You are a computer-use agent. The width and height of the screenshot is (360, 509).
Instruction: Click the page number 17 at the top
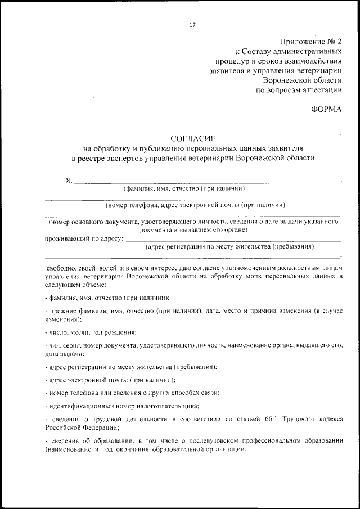[x=192, y=25]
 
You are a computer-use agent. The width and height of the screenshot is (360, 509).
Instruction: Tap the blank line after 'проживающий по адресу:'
[x=233, y=240]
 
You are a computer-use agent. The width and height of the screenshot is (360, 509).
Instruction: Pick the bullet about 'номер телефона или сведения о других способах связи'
[x=132, y=392]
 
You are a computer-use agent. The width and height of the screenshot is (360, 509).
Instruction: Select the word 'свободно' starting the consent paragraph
[x=60, y=269]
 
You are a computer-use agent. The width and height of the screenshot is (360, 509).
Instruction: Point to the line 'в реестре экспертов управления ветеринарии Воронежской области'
[x=192, y=159]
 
